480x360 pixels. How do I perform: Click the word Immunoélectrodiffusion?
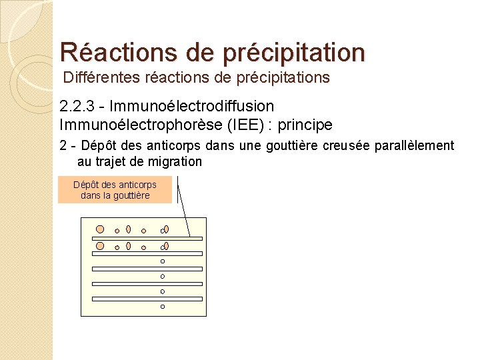click(193, 107)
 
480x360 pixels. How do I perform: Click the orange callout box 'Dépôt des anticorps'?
click(115, 190)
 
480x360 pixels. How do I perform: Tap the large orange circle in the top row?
click(100, 229)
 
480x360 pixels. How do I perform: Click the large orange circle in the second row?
click(100, 246)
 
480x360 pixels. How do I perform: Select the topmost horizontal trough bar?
click(147, 238)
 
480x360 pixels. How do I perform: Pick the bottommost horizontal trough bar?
click(147, 299)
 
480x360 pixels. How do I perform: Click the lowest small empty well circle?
click(162, 307)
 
